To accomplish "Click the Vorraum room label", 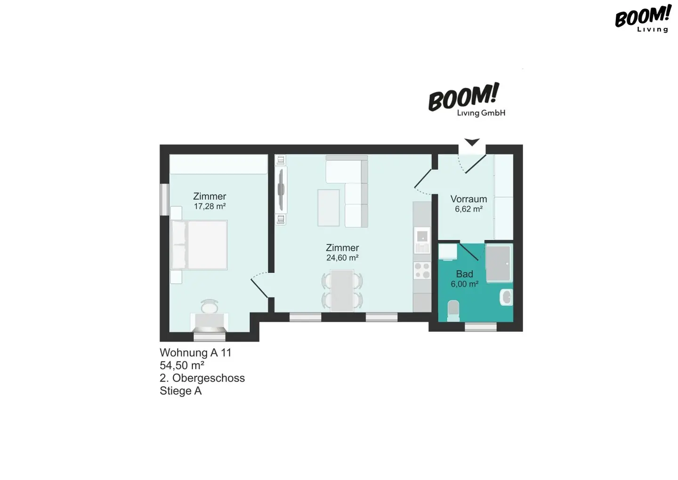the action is [x=468, y=199].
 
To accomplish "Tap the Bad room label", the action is [x=464, y=274].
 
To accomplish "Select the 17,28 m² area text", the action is [x=210, y=206].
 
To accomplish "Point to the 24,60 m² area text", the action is [x=342, y=258].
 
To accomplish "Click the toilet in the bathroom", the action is [x=453, y=311].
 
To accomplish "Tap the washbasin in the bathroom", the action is [x=507, y=297].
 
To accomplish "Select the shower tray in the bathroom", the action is [x=499, y=263].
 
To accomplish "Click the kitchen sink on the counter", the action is [x=422, y=241].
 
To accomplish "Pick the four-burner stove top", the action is [x=422, y=270].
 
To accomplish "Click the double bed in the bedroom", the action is [x=199, y=245].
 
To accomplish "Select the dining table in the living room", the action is [x=342, y=291].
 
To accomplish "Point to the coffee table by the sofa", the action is [x=329, y=208].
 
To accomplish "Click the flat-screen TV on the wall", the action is [x=281, y=190].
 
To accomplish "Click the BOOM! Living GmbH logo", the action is [x=466, y=99].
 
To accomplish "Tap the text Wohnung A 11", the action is [x=195, y=352].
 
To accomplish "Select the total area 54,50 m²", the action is [x=182, y=365].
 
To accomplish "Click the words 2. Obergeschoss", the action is [x=202, y=378].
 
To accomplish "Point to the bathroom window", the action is [x=481, y=326].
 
